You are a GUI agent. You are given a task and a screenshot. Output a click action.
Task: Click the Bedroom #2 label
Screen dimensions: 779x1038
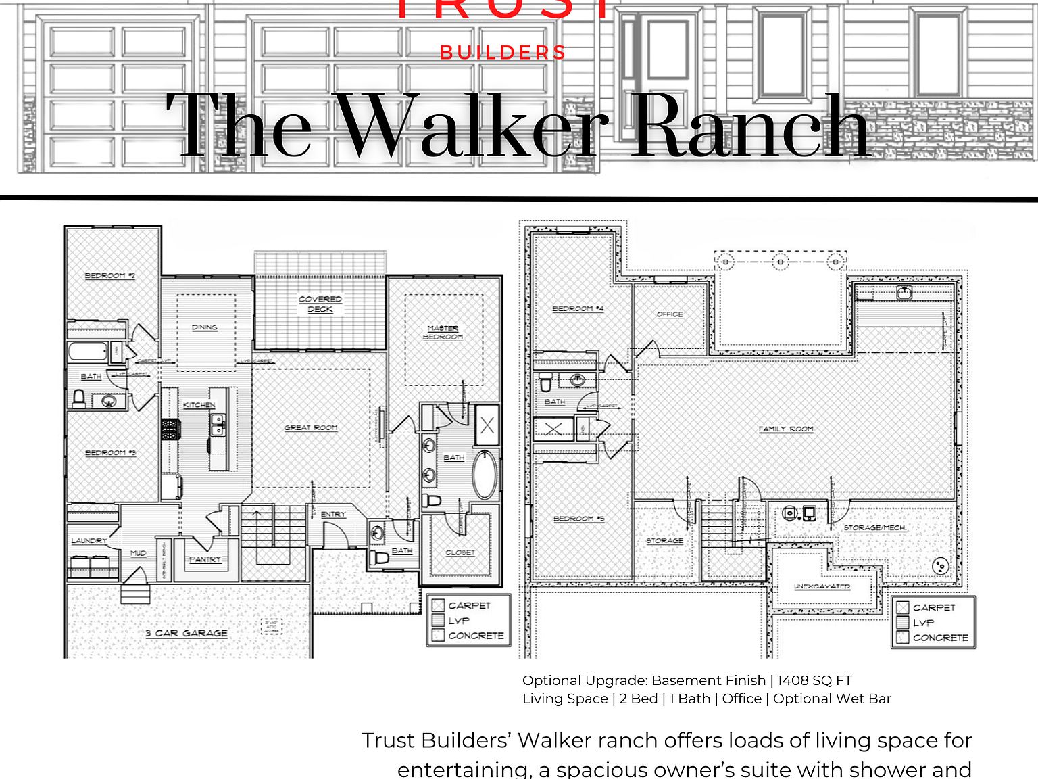[x=109, y=276]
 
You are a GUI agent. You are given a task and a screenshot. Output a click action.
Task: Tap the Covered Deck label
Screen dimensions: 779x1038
[x=320, y=304]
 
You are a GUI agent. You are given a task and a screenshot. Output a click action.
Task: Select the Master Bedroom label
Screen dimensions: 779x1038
[x=443, y=332]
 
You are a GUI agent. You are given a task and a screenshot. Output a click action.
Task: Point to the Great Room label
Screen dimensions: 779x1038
[x=311, y=427]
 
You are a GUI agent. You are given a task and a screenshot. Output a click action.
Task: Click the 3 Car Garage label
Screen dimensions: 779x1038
[x=187, y=633]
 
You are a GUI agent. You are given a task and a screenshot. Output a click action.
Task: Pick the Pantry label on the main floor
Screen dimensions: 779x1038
[x=205, y=559]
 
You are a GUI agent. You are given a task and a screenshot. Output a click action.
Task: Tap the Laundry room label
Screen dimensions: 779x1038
[x=89, y=540]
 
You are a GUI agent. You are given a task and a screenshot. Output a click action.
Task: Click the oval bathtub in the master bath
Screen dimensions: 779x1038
[x=485, y=475]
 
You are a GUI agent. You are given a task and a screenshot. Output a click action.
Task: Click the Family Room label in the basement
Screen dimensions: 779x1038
[x=785, y=429]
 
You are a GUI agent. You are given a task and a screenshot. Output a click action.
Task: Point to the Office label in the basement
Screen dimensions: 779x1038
[x=670, y=314]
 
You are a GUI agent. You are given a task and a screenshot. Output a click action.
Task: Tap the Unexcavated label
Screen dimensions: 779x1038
[x=822, y=586]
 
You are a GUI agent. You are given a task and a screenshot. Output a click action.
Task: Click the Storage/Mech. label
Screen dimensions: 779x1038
[x=874, y=527]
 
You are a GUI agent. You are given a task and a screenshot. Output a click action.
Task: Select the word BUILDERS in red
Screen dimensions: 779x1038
[x=503, y=53]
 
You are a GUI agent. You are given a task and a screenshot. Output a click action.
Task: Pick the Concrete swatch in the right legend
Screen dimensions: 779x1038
[x=902, y=638]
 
